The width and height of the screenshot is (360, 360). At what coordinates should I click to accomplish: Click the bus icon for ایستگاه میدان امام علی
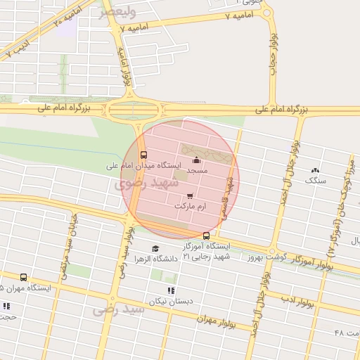pos(144,155)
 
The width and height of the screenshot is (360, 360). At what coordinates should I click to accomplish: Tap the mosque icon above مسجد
pos(195,160)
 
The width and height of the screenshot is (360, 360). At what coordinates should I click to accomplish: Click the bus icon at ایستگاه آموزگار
pos(206,236)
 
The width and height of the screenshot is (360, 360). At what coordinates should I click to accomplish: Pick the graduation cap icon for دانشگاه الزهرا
pos(155,248)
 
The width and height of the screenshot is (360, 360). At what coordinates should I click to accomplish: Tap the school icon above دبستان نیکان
pos(169,290)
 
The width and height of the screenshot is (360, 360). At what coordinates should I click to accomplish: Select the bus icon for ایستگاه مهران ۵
pos(24,278)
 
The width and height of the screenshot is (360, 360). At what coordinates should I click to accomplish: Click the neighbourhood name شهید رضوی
pos(134,186)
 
